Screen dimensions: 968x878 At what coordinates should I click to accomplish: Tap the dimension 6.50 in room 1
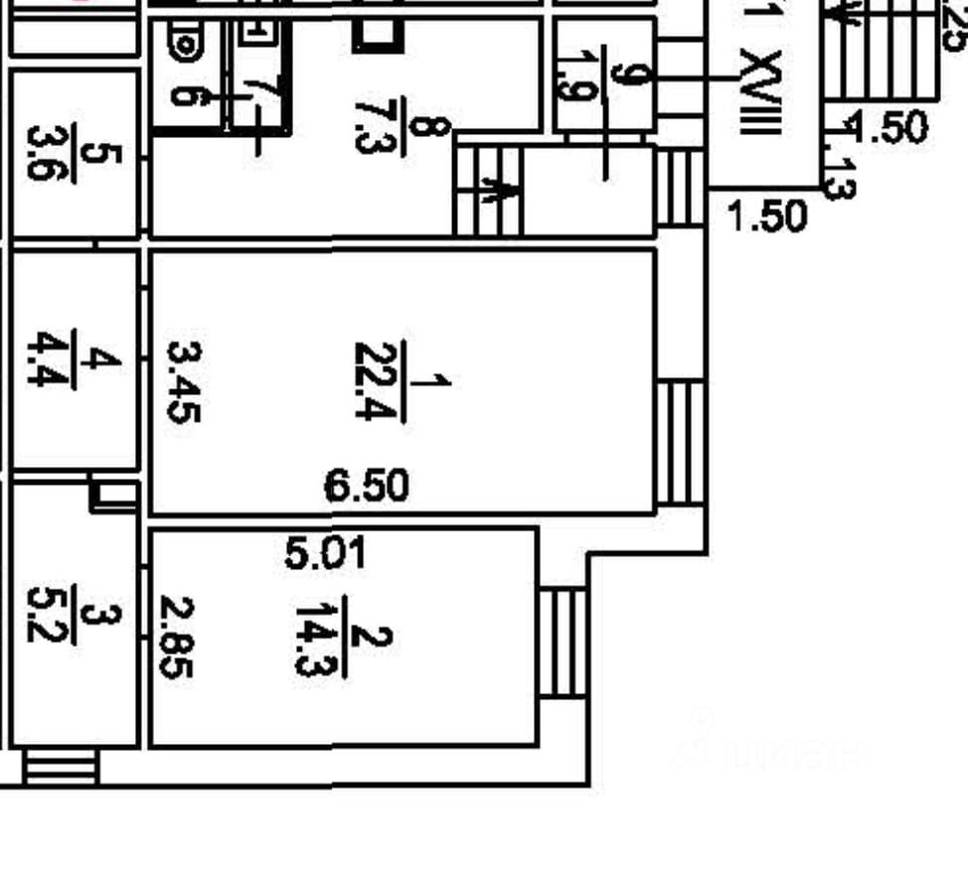pos(367,486)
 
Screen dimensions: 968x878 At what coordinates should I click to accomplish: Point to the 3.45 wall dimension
pos(184,381)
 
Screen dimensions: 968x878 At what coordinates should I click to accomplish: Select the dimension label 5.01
pos(325,553)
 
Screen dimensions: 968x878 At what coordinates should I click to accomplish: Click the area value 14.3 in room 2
pos(315,637)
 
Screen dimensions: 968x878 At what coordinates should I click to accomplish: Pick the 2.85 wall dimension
pos(176,637)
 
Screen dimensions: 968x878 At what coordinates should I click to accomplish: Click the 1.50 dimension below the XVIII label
pos(766,216)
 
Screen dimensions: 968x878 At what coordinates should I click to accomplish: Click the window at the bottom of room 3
pos(61,768)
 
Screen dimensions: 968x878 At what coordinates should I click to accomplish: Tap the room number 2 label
pos(379,637)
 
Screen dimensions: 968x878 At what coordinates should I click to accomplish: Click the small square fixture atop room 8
pos(378,34)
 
